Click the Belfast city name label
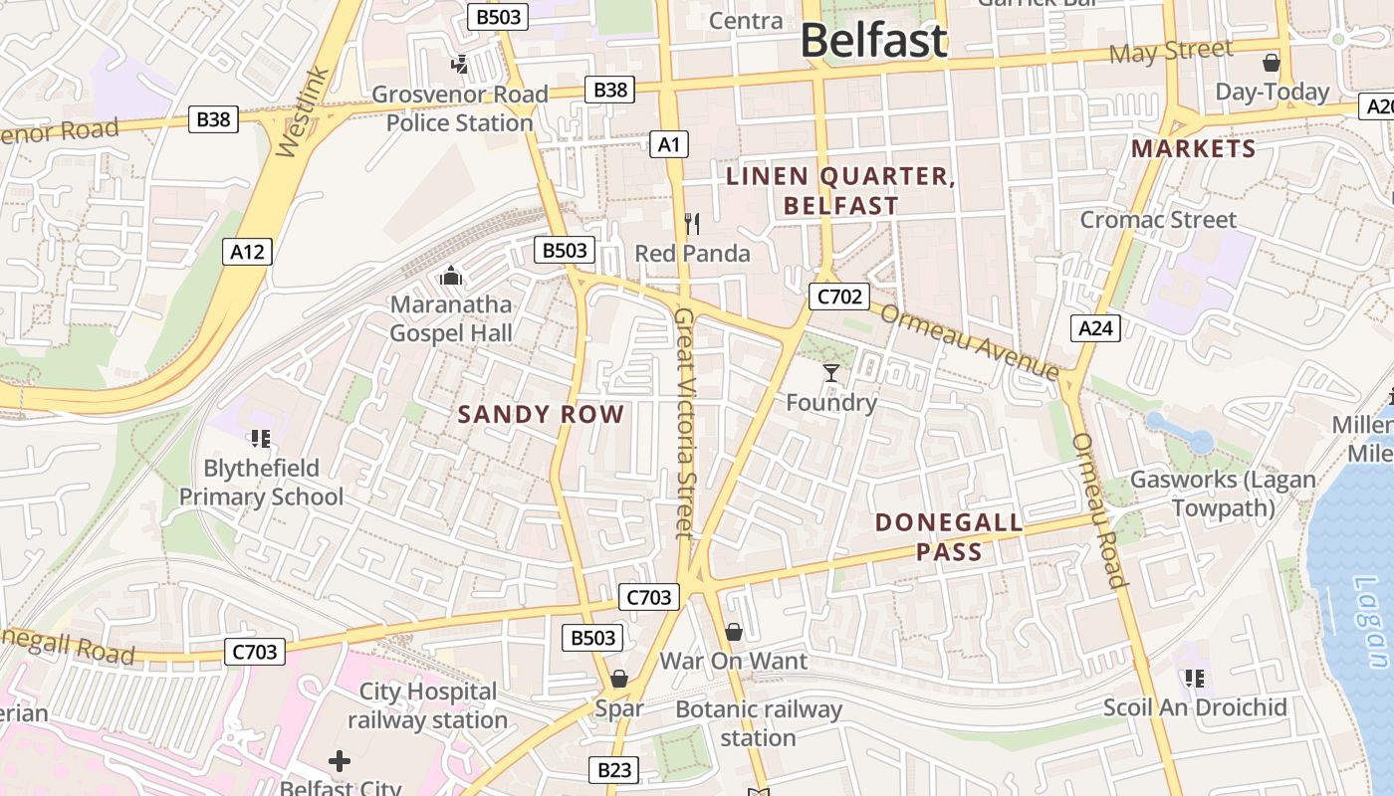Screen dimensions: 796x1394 coord(873,41)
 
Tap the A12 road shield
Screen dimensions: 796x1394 coord(247,252)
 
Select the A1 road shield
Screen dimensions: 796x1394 coord(669,144)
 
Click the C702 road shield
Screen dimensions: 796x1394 coord(838,296)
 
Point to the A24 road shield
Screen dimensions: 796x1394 coord(1096,327)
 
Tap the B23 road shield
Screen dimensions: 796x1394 coord(614,769)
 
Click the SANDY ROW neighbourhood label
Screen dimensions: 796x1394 coord(541,415)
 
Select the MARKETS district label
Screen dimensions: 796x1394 coord(1194,149)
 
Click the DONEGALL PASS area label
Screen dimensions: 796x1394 coord(949,537)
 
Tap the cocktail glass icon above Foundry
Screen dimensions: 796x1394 coord(831,373)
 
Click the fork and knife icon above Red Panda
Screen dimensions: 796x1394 coord(692,224)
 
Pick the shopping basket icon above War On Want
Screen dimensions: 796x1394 coord(734,632)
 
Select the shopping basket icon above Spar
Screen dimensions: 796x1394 coord(619,679)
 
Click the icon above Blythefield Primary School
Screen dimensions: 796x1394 coord(261,438)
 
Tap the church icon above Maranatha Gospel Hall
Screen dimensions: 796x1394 coord(451,275)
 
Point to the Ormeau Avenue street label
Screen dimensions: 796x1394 coord(969,341)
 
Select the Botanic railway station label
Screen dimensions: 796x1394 coord(759,723)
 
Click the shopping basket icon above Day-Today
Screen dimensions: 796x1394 coord(1272,63)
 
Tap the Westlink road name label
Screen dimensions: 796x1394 coord(301,111)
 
